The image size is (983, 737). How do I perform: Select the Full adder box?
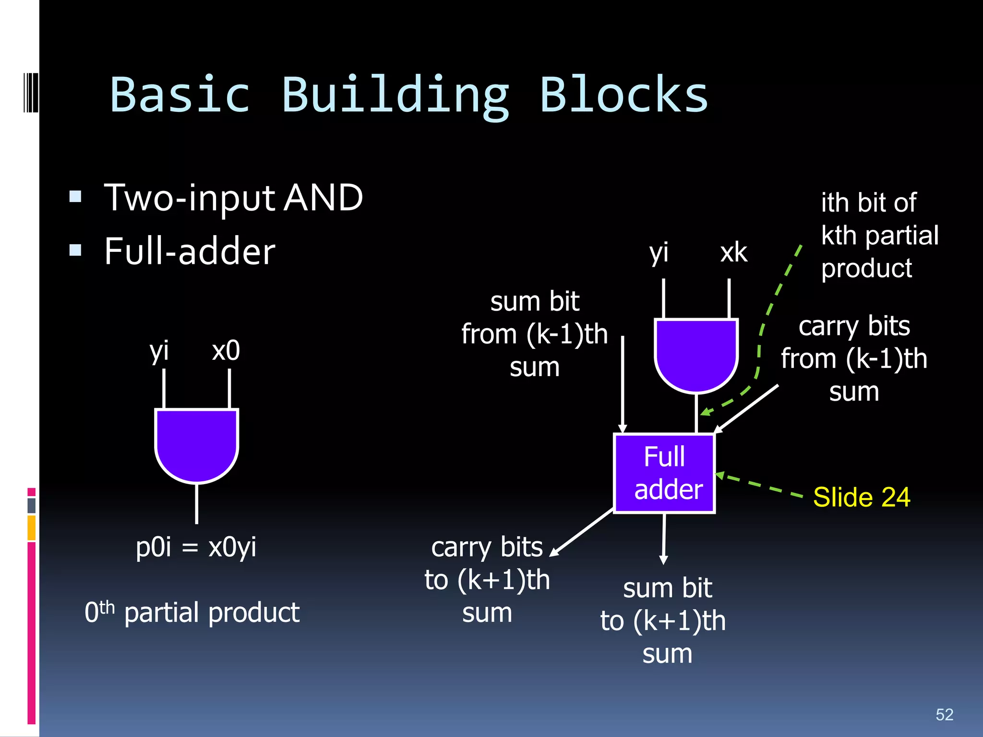[x=665, y=473]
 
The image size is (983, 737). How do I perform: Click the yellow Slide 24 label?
[x=862, y=497]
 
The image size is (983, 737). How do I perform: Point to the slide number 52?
[x=944, y=714]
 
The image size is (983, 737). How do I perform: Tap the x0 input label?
[x=226, y=351]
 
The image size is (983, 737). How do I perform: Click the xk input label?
[x=733, y=252]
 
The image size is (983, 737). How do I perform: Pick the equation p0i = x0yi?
[x=196, y=547]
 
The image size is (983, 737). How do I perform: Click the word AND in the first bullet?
[x=323, y=198]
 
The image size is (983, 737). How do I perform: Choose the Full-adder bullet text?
[x=190, y=251]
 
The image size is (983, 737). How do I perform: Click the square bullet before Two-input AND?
[x=75, y=197]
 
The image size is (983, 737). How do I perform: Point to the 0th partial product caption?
[x=192, y=612]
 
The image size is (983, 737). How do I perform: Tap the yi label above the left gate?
[x=159, y=351]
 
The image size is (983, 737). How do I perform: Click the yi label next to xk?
[x=659, y=252]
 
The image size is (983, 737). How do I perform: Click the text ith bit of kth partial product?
[x=878, y=235]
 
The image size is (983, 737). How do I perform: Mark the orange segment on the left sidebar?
[x=32, y=528]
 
